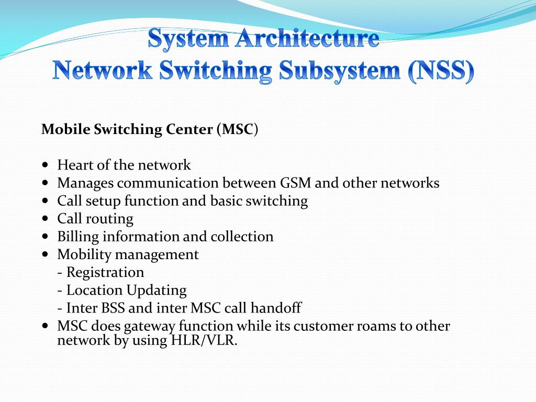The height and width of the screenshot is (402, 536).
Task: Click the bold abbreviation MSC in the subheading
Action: [x=238, y=129]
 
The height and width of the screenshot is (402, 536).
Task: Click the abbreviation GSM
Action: [x=297, y=183]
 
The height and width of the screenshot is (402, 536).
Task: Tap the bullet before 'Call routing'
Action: [x=45, y=218]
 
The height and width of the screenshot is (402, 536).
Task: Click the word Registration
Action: [x=105, y=272]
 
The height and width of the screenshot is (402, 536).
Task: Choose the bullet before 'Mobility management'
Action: [x=45, y=254]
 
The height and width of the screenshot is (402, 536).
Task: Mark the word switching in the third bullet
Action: [x=279, y=201]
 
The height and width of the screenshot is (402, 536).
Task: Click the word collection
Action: [x=242, y=237]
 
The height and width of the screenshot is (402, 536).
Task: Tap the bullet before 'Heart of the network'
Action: [x=45, y=165]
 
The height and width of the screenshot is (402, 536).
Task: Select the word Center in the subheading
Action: [x=189, y=129]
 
